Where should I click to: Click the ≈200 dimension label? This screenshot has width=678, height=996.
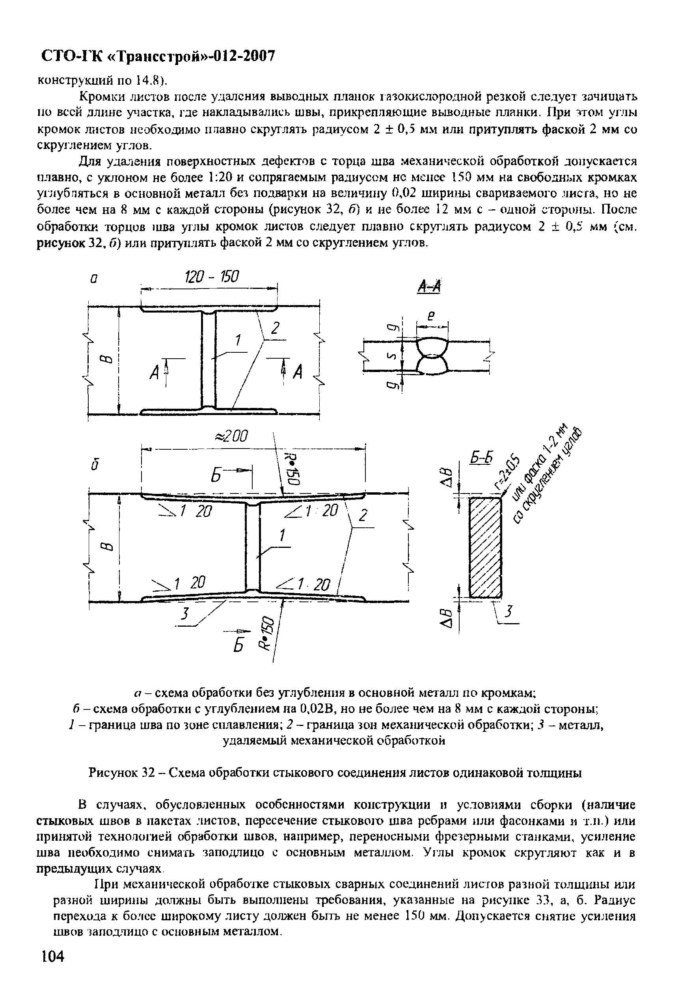pyautogui.click(x=231, y=436)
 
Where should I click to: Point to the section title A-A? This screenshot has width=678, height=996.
pyautogui.click(x=429, y=286)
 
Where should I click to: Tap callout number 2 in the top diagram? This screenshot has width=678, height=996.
pyautogui.click(x=275, y=329)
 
